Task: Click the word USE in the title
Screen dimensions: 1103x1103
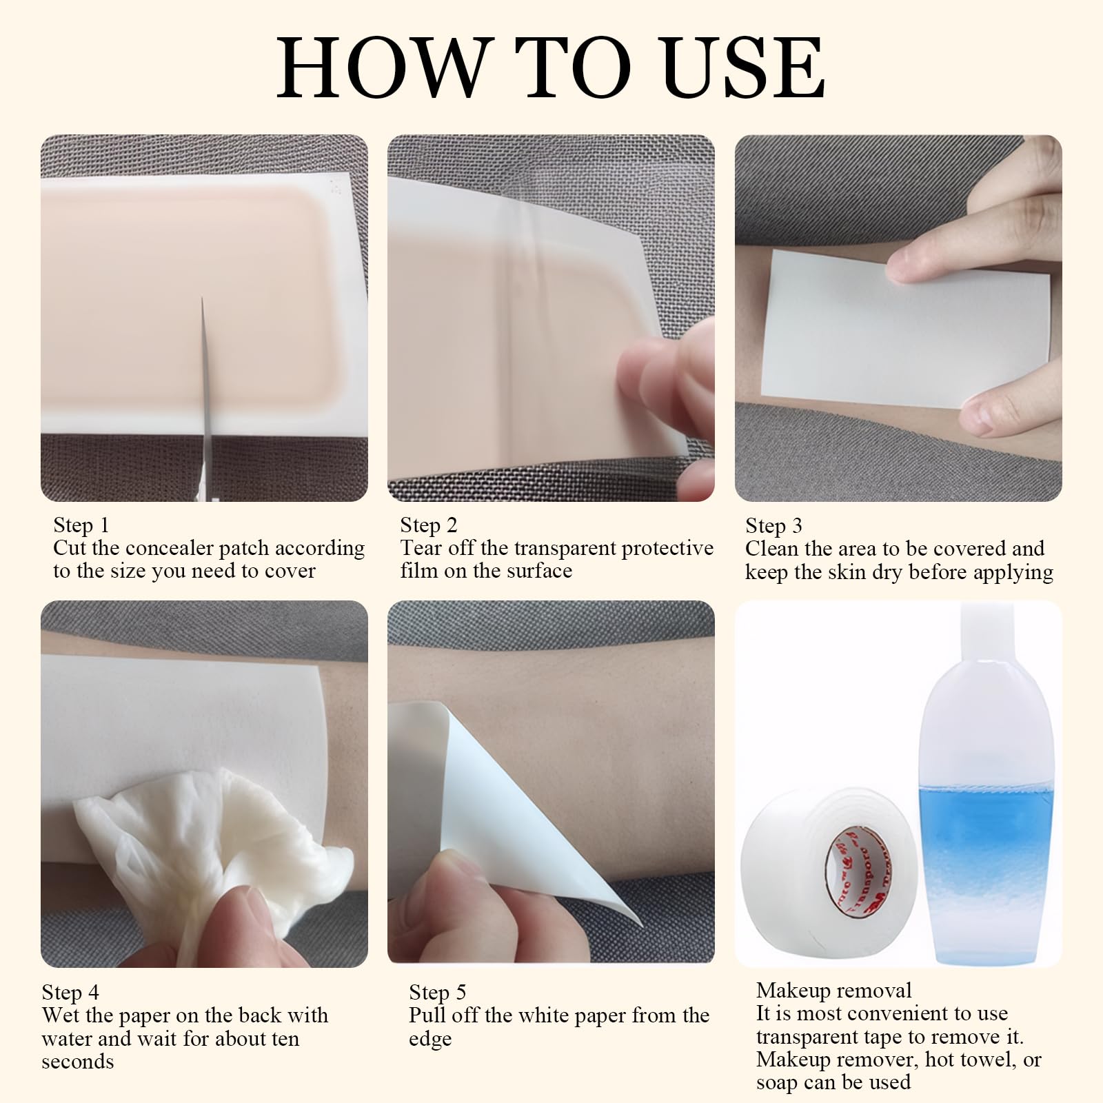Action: (747, 67)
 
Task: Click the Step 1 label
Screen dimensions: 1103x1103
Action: (81, 525)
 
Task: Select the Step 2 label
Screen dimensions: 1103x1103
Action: (429, 525)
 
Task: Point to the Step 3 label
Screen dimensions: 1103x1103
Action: (773, 526)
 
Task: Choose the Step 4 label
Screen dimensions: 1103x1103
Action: (70, 992)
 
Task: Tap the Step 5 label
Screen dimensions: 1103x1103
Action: (438, 992)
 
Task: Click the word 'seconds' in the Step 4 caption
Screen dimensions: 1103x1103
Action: (78, 1061)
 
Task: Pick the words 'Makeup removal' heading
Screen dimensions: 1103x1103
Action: (833, 991)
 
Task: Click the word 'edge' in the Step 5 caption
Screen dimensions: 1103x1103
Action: (430, 1040)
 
